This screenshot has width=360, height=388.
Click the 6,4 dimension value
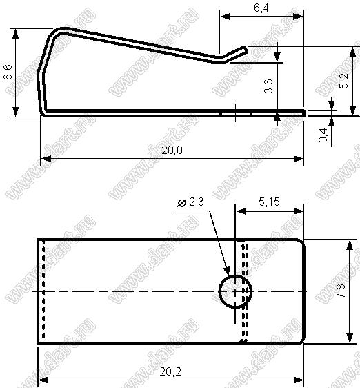coord(261,8)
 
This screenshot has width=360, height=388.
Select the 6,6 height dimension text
coord(8,72)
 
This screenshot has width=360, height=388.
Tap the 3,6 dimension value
coord(268,86)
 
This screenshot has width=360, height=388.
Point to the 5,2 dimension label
coord(343,81)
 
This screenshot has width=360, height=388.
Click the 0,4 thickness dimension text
coord(323,135)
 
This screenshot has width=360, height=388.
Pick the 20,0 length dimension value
coord(172,151)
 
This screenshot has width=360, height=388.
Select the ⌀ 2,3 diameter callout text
coord(190,202)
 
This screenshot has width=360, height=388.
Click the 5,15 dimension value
coord(269,202)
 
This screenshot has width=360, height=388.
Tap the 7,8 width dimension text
coord(341,291)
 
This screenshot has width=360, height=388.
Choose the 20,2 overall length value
coord(170,371)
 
